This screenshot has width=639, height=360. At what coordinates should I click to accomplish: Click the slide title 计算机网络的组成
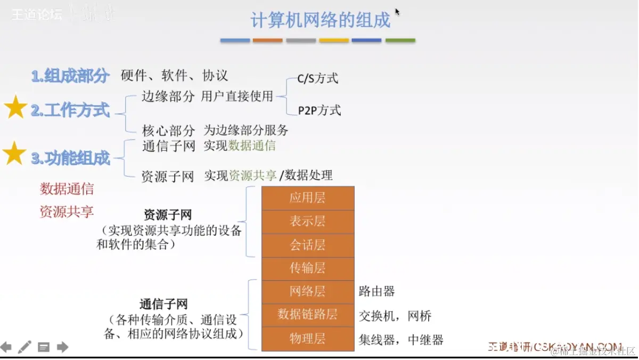(320, 20)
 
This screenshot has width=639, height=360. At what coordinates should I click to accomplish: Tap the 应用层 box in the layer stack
(308, 198)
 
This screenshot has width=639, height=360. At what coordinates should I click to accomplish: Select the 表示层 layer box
(308, 222)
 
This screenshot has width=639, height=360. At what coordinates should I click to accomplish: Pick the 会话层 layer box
(308, 245)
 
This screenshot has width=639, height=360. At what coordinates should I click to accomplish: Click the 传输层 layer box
(308, 268)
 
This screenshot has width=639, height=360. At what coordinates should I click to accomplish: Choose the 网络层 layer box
(308, 291)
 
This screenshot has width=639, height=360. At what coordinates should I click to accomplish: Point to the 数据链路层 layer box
(308, 314)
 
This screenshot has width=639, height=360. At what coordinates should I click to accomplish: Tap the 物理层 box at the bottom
(308, 339)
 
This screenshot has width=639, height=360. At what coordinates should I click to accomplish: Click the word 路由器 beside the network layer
(377, 291)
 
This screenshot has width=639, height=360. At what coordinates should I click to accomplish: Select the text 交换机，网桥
(395, 316)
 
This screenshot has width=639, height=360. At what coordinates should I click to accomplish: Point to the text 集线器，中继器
(401, 340)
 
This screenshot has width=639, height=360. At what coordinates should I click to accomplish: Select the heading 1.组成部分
(70, 76)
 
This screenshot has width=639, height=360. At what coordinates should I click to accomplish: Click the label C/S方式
(318, 79)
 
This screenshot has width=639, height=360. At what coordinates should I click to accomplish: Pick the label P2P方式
(319, 111)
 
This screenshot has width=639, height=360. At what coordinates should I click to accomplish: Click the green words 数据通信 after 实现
(252, 146)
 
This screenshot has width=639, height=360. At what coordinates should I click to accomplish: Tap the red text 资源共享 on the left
(67, 211)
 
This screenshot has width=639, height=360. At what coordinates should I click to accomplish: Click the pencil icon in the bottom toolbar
(24, 347)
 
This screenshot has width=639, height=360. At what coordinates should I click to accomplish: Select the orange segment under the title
(267, 40)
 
